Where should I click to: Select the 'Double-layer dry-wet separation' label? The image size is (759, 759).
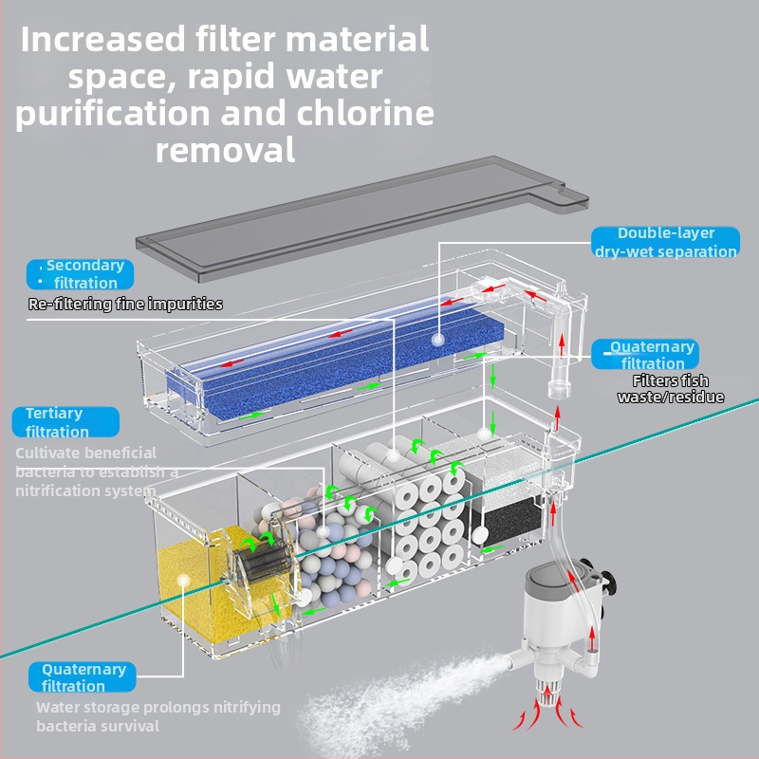(665, 242)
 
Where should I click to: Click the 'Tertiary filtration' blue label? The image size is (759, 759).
(64, 422)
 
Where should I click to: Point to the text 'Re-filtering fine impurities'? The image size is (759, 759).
(125, 305)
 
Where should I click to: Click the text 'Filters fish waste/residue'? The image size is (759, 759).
(671, 389)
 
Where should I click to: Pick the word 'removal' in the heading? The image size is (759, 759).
(225, 149)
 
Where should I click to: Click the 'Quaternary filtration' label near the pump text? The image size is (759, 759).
(83, 677)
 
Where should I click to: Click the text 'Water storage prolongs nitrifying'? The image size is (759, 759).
(158, 707)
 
